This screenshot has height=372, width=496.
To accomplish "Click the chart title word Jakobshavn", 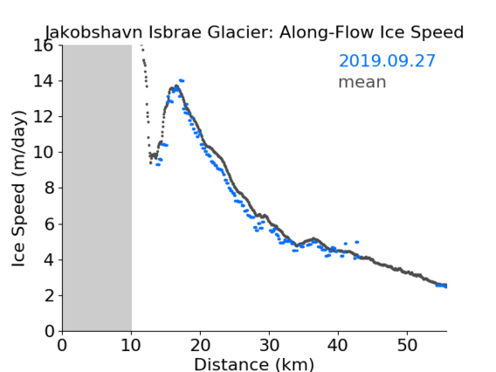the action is [93, 32].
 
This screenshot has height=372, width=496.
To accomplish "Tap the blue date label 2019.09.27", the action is [387, 61].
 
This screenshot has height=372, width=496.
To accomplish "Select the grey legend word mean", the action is [362, 82].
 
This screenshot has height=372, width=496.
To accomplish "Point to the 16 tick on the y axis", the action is [43, 45].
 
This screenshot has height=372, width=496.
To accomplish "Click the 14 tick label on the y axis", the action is [43, 81].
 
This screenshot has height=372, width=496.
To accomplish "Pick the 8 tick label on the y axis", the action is [49, 189].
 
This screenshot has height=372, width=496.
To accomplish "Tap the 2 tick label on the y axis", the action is [49, 296].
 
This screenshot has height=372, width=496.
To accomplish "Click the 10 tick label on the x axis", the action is [131, 346].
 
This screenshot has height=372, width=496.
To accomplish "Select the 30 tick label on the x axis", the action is [269, 346].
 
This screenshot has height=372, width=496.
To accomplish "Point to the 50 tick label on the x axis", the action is [407, 346].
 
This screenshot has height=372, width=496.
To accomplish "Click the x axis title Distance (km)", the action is [254, 365].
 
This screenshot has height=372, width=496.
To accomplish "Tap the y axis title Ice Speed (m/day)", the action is [18, 189].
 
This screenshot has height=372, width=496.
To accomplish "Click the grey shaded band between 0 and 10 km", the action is [97, 189].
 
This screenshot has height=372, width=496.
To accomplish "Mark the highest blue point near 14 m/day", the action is [182, 80].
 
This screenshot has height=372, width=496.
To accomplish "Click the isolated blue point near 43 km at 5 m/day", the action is [357, 242].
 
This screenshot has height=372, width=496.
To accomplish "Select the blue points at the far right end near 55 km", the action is [441, 286].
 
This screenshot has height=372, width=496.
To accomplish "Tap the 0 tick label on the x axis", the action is [62, 346].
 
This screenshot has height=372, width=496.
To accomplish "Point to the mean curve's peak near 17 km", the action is [176, 86].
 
